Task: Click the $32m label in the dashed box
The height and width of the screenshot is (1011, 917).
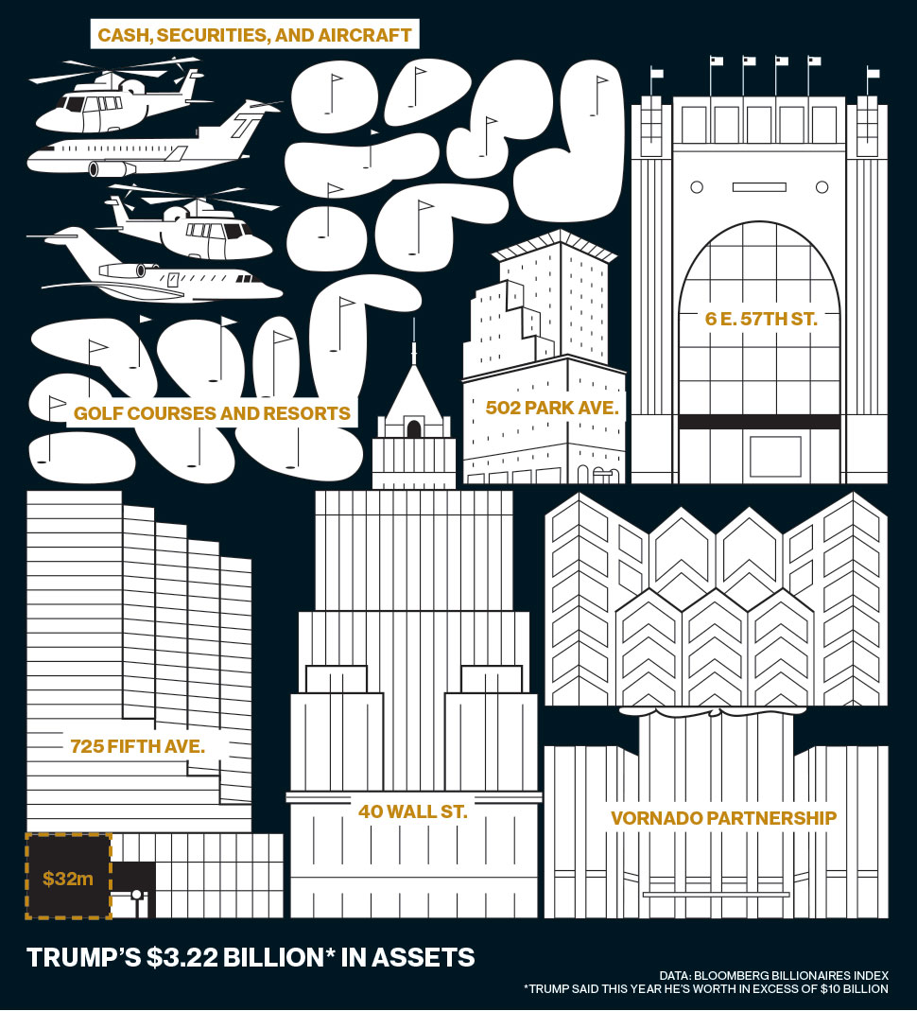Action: (x=68, y=879)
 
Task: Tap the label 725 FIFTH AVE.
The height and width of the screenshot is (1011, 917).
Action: (x=137, y=746)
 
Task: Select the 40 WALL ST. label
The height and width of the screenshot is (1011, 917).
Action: (x=412, y=811)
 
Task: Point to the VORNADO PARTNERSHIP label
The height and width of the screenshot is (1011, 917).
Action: (x=724, y=818)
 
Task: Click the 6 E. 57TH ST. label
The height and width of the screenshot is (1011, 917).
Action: (x=761, y=319)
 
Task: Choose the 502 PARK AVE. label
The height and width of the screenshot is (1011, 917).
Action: (x=551, y=408)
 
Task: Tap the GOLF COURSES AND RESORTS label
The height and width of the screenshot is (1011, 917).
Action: (x=212, y=413)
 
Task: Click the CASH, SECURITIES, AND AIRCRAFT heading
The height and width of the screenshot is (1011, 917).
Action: (x=254, y=35)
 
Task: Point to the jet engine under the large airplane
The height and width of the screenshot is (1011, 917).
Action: (x=112, y=169)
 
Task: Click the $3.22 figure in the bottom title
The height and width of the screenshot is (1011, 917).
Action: (x=182, y=957)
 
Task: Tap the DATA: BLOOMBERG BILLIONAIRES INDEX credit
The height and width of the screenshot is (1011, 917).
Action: (x=773, y=976)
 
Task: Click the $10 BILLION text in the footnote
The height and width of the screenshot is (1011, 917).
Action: (x=855, y=989)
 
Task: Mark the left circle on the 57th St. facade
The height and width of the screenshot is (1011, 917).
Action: (x=697, y=187)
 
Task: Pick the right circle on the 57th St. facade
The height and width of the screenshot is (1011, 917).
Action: (x=822, y=187)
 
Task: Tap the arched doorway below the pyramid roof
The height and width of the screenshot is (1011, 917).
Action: (x=414, y=428)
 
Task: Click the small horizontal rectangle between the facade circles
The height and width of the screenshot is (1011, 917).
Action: (x=759, y=187)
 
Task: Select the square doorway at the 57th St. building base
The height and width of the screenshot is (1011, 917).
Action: (x=776, y=457)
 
